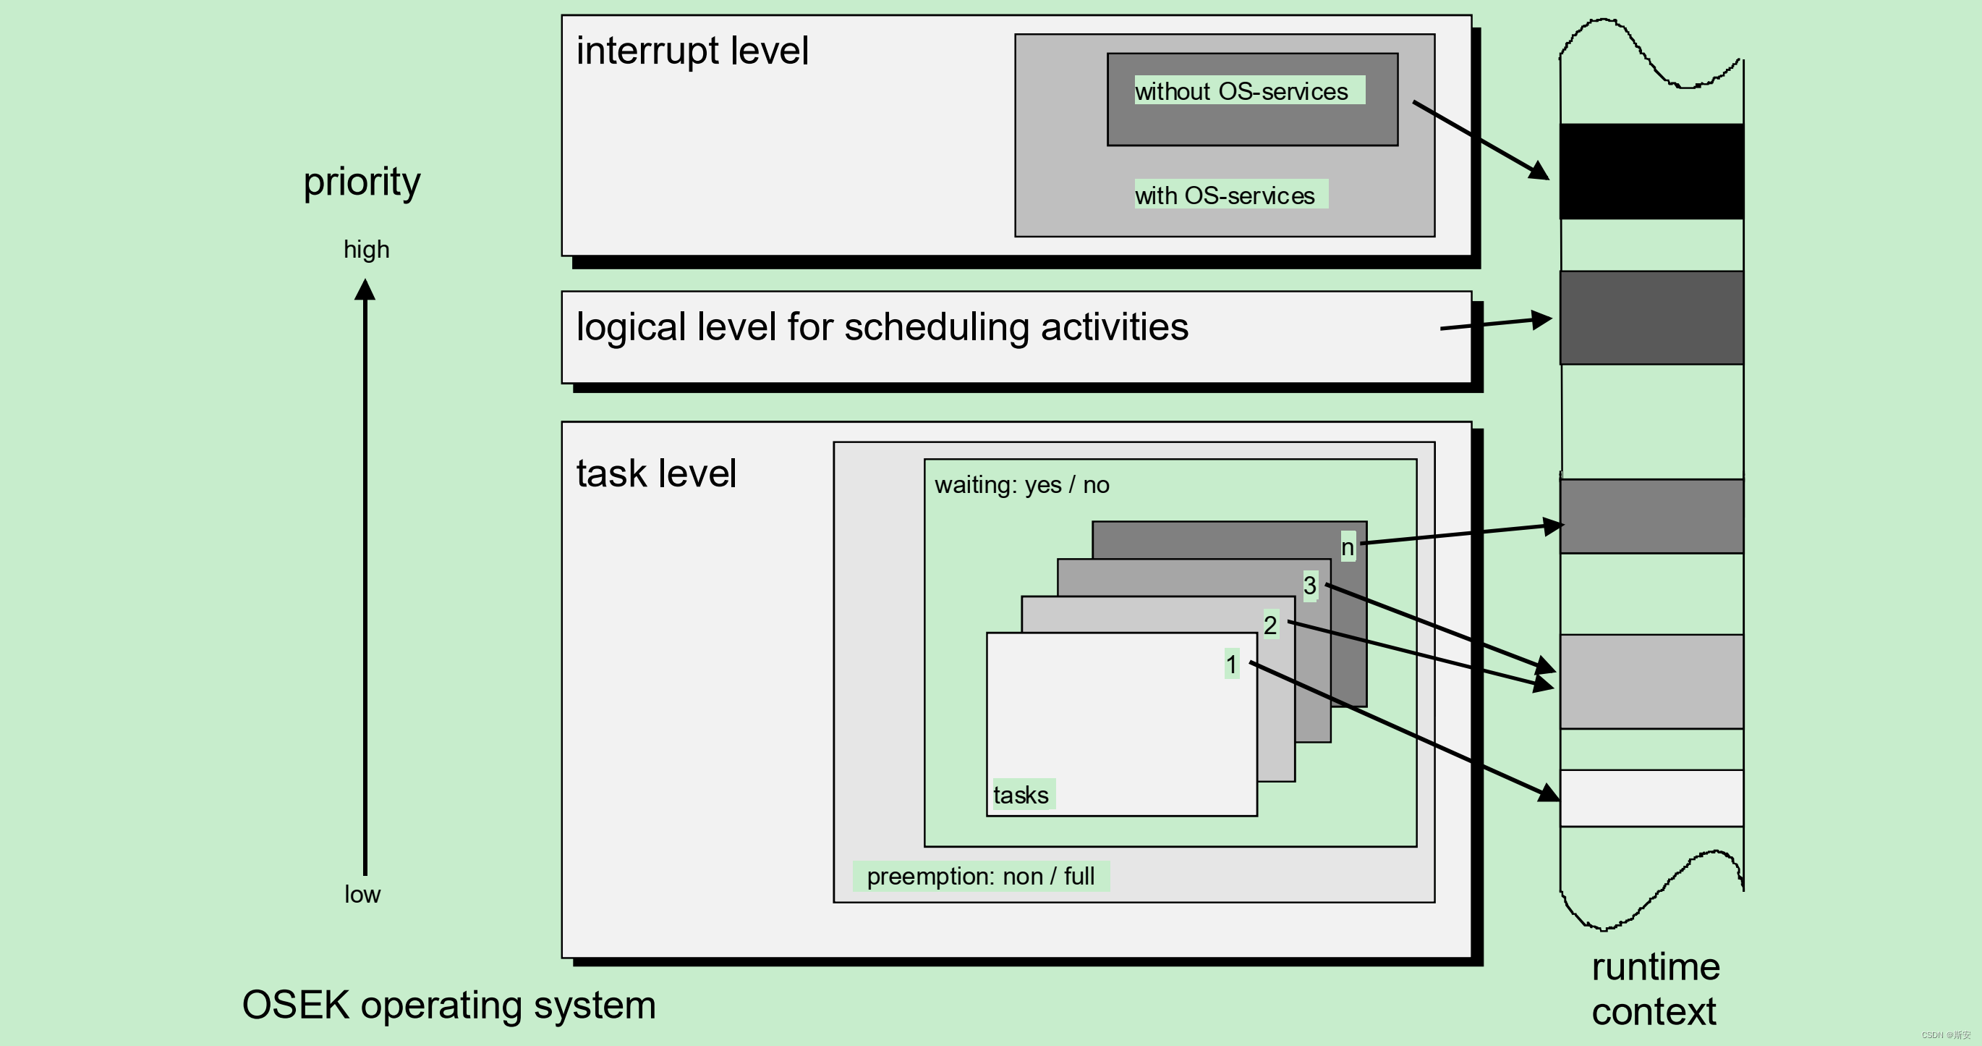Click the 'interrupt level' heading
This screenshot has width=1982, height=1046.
point(692,51)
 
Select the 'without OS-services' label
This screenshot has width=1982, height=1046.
point(1241,90)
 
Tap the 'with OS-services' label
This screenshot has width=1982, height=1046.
point(1224,195)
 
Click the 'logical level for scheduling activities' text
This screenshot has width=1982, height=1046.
point(882,327)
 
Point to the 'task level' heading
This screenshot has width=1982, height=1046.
point(656,473)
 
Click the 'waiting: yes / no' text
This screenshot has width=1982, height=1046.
point(1022,485)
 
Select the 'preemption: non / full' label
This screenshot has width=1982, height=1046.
point(980,876)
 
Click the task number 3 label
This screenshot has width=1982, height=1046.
point(1309,585)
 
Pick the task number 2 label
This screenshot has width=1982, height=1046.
point(1270,624)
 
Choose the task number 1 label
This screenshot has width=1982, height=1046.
point(1231,664)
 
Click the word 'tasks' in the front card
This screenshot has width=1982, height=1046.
point(1021,794)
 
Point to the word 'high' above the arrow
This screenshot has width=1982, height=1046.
point(366,250)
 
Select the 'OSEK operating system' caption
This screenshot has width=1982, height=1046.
point(448,1005)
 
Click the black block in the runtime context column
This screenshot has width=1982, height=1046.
point(1652,171)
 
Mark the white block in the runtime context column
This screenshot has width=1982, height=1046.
point(1652,798)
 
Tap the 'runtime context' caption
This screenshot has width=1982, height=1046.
point(1656,989)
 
